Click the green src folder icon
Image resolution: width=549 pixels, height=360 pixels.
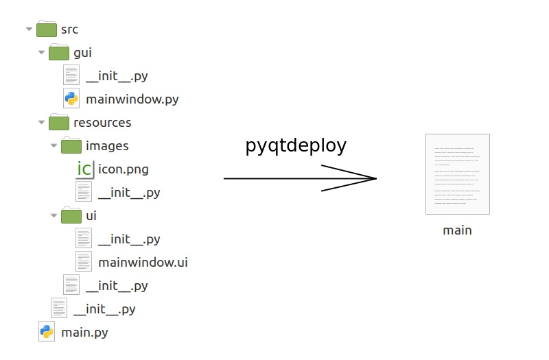tap(47, 29)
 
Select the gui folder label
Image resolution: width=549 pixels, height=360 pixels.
tap(82, 53)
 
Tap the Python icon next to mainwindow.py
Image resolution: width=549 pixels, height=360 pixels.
tap(71, 99)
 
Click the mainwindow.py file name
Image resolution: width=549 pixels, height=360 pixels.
tap(132, 99)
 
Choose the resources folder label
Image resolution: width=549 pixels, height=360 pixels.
tap(102, 123)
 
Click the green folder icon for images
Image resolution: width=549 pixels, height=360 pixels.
tap(71, 145)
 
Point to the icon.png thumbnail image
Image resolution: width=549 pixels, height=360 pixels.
tap(84, 169)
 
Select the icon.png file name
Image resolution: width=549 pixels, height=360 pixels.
tap(124, 169)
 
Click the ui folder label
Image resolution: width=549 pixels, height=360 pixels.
tap(91, 216)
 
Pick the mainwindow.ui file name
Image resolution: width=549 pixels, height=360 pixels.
tap(143, 263)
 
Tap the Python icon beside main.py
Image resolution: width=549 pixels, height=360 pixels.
tap(47, 333)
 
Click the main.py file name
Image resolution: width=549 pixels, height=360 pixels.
tap(84, 333)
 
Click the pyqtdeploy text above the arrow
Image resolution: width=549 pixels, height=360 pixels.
tap(296, 146)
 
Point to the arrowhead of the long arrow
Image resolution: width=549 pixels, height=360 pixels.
tap(371, 178)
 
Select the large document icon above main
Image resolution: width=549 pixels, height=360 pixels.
tap(457, 174)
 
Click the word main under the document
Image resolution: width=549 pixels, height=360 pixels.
tap(457, 230)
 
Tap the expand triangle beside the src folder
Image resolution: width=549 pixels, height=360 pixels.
tap(29, 29)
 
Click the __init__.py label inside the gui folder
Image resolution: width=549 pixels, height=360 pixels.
tap(117, 76)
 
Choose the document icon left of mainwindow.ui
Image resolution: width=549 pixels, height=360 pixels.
tap(84, 262)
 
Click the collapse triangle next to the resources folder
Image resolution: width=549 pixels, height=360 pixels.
tap(41, 123)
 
